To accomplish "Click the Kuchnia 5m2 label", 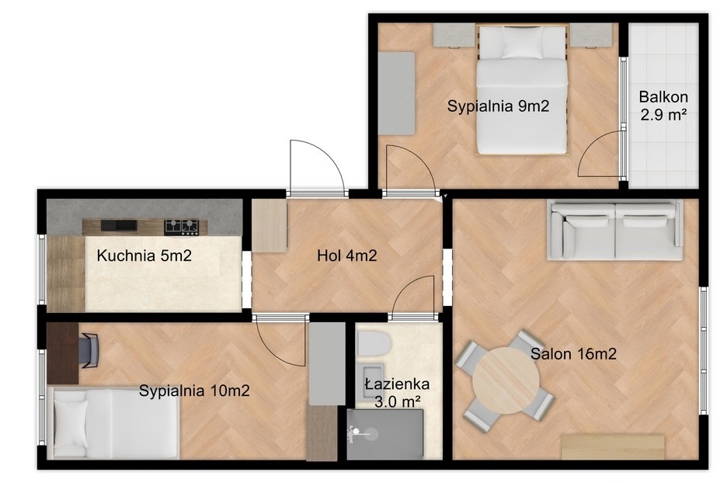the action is coord(144,255).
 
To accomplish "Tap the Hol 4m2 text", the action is coord(347,255).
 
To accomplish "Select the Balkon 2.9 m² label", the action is coord(663,106).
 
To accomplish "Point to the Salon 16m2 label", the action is coord(573,354).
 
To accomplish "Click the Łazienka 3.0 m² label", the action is coord(398,393).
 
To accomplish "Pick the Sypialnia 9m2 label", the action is coord(498,106).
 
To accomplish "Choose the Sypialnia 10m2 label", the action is coord(194,391).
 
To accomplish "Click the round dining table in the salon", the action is coord(506,380).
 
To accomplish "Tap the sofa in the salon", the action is coord(615,229).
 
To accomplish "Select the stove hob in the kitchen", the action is coord(181,226).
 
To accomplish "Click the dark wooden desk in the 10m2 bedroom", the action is coord(63,353).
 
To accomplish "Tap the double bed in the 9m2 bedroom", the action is coord(522,89).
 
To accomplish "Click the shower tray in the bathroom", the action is coord(385,434).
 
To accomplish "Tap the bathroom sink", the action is coord(373,380).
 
